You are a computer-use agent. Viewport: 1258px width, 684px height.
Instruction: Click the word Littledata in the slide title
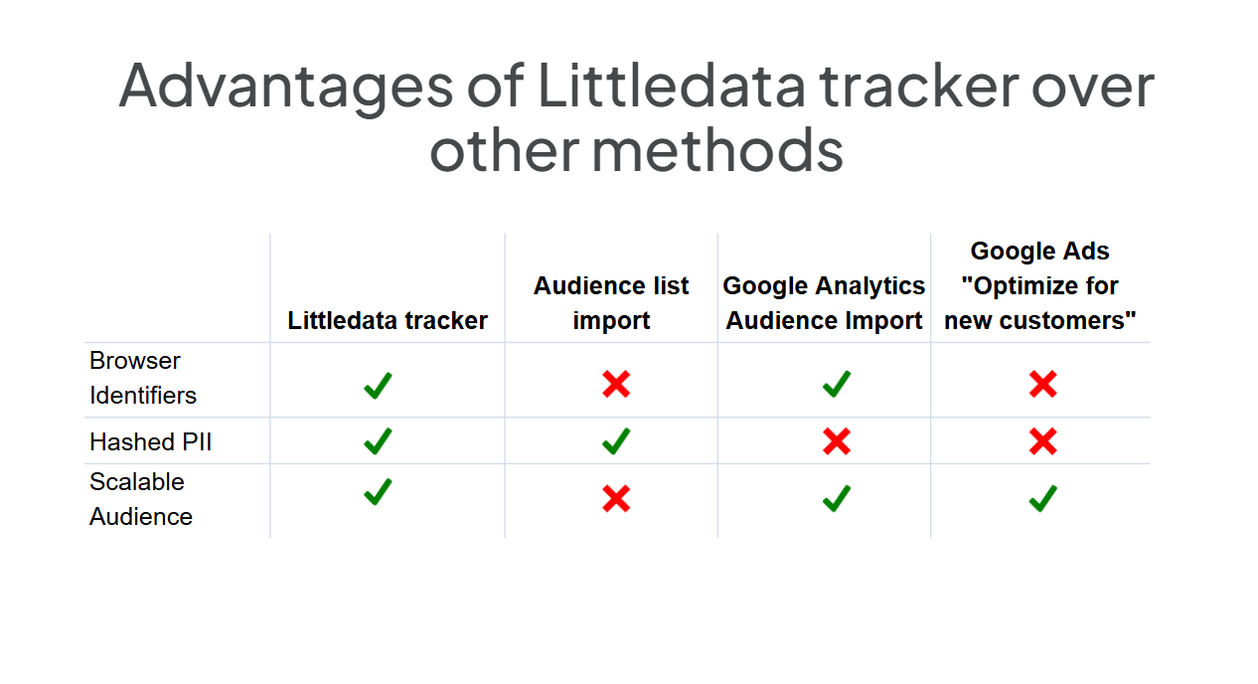click(x=672, y=85)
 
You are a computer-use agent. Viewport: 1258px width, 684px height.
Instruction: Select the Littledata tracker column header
click(x=388, y=320)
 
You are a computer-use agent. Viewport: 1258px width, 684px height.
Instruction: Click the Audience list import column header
click(x=611, y=303)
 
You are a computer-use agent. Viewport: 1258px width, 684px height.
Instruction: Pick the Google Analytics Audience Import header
click(x=824, y=303)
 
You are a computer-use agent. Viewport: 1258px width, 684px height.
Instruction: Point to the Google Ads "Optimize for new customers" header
click(x=1040, y=285)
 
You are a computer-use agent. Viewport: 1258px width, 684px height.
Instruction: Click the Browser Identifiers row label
click(x=143, y=378)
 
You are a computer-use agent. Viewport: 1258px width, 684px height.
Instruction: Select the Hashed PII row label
click(x=150, y=441)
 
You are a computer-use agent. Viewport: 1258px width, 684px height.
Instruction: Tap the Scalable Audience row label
click(x=141, y=499)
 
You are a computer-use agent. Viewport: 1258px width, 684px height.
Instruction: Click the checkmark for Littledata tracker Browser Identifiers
click(x=378, y=386)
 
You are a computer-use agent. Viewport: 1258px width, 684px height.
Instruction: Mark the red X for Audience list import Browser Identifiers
click(x=616, y=385)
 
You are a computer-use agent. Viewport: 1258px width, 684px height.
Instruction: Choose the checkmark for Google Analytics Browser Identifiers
click(x=837, y=384)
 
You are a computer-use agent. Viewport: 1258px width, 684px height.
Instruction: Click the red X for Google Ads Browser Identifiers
click(x=1043, y=385)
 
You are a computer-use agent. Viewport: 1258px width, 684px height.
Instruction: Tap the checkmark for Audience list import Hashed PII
click(x=616, y=441)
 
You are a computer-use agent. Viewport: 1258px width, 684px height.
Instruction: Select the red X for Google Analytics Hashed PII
click(x=837, y=441)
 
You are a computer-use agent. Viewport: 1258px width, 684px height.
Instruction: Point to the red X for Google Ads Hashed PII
click(x=1043, y=441)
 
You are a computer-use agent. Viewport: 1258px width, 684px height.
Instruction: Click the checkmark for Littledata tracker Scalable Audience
click(x=378, y=492)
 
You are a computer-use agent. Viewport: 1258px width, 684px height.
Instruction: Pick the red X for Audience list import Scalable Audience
click(x=616, y=498)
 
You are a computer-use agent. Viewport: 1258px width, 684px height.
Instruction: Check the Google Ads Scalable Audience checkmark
click(x=1043, y=498)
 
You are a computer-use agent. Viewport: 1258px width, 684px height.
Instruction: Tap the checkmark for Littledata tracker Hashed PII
click(x=378, y=441)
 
